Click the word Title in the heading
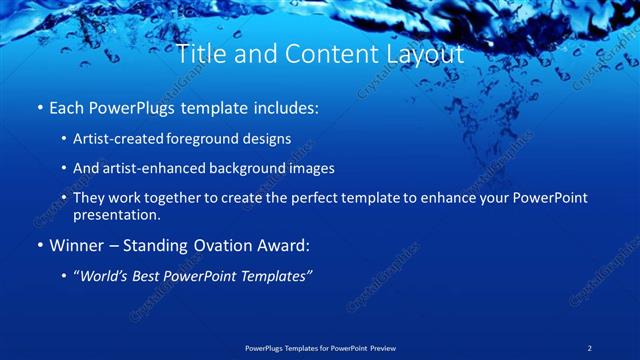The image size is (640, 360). click(x=200, y=54)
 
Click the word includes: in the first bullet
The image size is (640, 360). click(x=283, y=106)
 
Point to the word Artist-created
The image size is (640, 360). click(x=119, y=139)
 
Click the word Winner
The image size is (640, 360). click(x=76, y=245)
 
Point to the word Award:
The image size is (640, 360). click(x=267, y=245)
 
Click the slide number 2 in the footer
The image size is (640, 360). click(x=590, y=347)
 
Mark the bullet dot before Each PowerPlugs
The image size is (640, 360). click(x=39, y=107)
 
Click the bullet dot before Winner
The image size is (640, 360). click(x=39, y=246)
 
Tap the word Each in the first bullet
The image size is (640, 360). click(x=66, y=106)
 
